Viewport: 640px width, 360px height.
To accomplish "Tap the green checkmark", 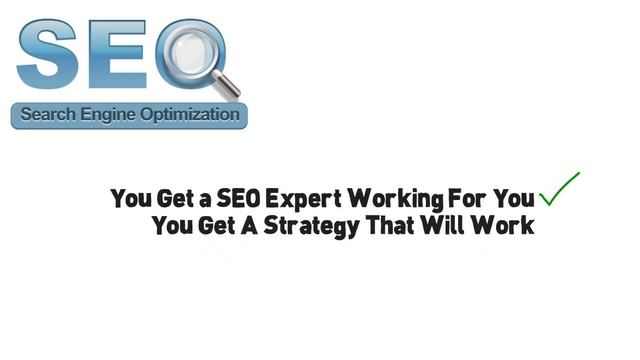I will click(x=559, y=188).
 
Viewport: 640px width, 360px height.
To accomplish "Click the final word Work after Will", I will click(x=506, y=225).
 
